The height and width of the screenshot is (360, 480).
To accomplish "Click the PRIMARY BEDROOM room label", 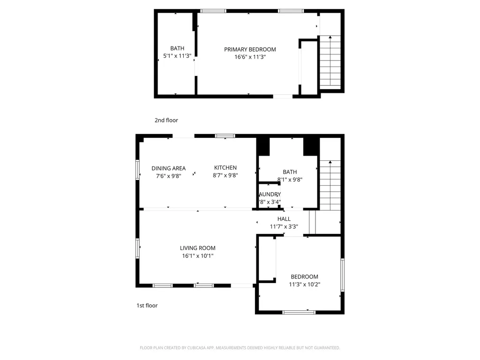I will (250, 49).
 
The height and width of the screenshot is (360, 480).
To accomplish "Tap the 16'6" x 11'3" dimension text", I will (250, 57).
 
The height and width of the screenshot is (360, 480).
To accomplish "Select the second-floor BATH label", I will (177, 48).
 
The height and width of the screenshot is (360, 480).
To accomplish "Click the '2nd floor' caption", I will (166, 120).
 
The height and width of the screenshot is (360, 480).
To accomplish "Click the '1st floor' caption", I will (147, 306).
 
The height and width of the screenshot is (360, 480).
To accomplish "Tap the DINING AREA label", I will (168, 168).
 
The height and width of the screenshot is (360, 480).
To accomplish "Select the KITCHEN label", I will (225, 168).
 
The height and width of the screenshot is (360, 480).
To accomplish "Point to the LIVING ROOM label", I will (197, 248).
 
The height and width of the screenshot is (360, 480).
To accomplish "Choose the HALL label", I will (284, 219).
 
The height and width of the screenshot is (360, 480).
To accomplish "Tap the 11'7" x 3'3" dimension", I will (284, 227).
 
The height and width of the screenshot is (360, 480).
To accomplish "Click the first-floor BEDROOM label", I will (304, 277).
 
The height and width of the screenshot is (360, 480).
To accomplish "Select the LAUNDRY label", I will (270, 195).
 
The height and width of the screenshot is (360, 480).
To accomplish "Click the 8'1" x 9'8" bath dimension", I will (290, 180).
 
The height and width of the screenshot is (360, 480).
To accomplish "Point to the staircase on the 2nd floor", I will (330, 61).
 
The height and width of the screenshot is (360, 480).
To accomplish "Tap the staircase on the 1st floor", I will (330, 185).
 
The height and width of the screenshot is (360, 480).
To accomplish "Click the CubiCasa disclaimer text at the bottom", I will (240, 348).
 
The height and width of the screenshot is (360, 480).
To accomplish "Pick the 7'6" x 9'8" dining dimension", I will (168, 176).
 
